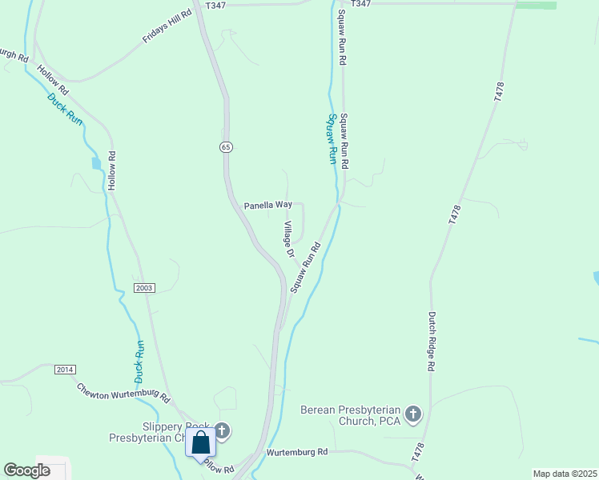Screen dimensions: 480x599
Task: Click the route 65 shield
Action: [x=227, y=147]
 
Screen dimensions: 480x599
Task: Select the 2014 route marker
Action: [x=66, y=369]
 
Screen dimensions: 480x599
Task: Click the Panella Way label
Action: [x=267, y=206]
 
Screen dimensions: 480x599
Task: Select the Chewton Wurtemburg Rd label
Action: [x=123, y=393]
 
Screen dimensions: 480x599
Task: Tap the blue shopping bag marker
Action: [x=200, y=442]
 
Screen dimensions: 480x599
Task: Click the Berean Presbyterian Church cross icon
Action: [x=413, y=414]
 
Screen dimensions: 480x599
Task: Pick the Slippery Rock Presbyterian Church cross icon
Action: [x=223, y=431]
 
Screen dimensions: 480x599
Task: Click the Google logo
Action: [x=27, y=470]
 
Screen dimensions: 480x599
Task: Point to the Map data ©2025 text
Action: [x=564, y=474]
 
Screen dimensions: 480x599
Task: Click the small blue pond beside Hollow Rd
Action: [x=97, y=163]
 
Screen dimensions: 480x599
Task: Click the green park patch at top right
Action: [x=536, y=5]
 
